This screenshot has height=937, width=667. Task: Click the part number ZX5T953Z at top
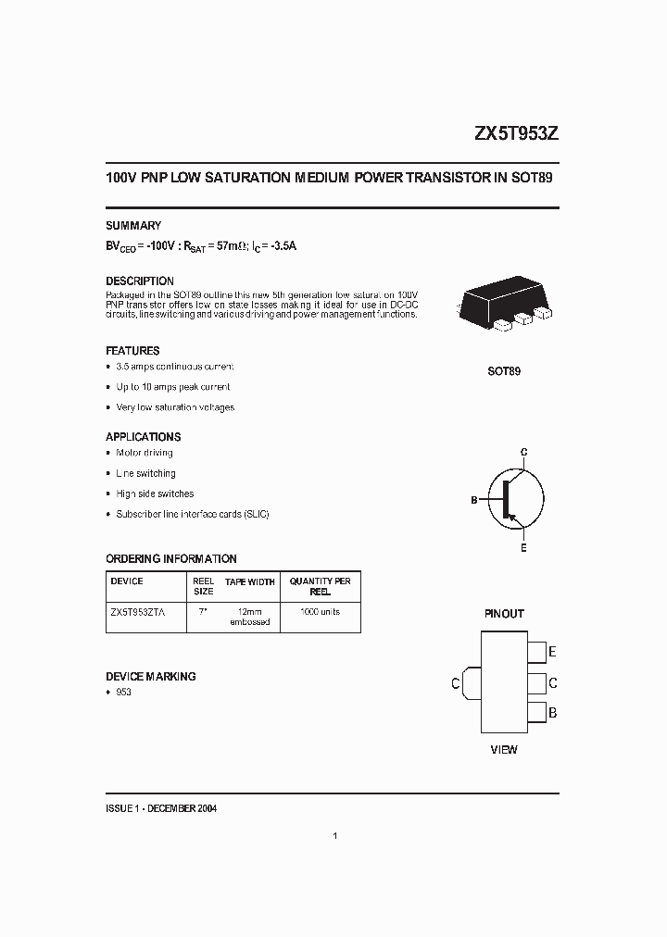[516, 133]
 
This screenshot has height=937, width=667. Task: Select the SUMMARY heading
[133, 226]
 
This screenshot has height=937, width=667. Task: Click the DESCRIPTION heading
[140, 281]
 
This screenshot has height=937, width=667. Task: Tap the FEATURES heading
[132, 351]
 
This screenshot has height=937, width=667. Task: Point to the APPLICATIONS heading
[144, 437]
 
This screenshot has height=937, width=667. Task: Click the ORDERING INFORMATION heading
[171, 559]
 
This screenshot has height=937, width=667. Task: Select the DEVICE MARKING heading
[151, 677]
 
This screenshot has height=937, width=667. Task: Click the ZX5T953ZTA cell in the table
[138, 612]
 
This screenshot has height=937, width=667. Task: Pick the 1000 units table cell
[321, 612]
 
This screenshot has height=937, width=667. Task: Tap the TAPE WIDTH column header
[250, 582]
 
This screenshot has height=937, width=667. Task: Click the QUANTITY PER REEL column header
[321, 586]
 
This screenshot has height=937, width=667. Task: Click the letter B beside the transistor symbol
[473, 500]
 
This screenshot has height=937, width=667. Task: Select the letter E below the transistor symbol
[523, 549]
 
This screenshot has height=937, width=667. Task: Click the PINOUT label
[504, 614]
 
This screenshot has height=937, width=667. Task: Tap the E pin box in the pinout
[537, 652]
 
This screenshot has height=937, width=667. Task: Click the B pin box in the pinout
[537, 714]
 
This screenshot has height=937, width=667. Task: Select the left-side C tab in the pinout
[470, 683]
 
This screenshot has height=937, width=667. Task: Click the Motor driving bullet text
[145, 453]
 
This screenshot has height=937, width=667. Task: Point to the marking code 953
[123, 693]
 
